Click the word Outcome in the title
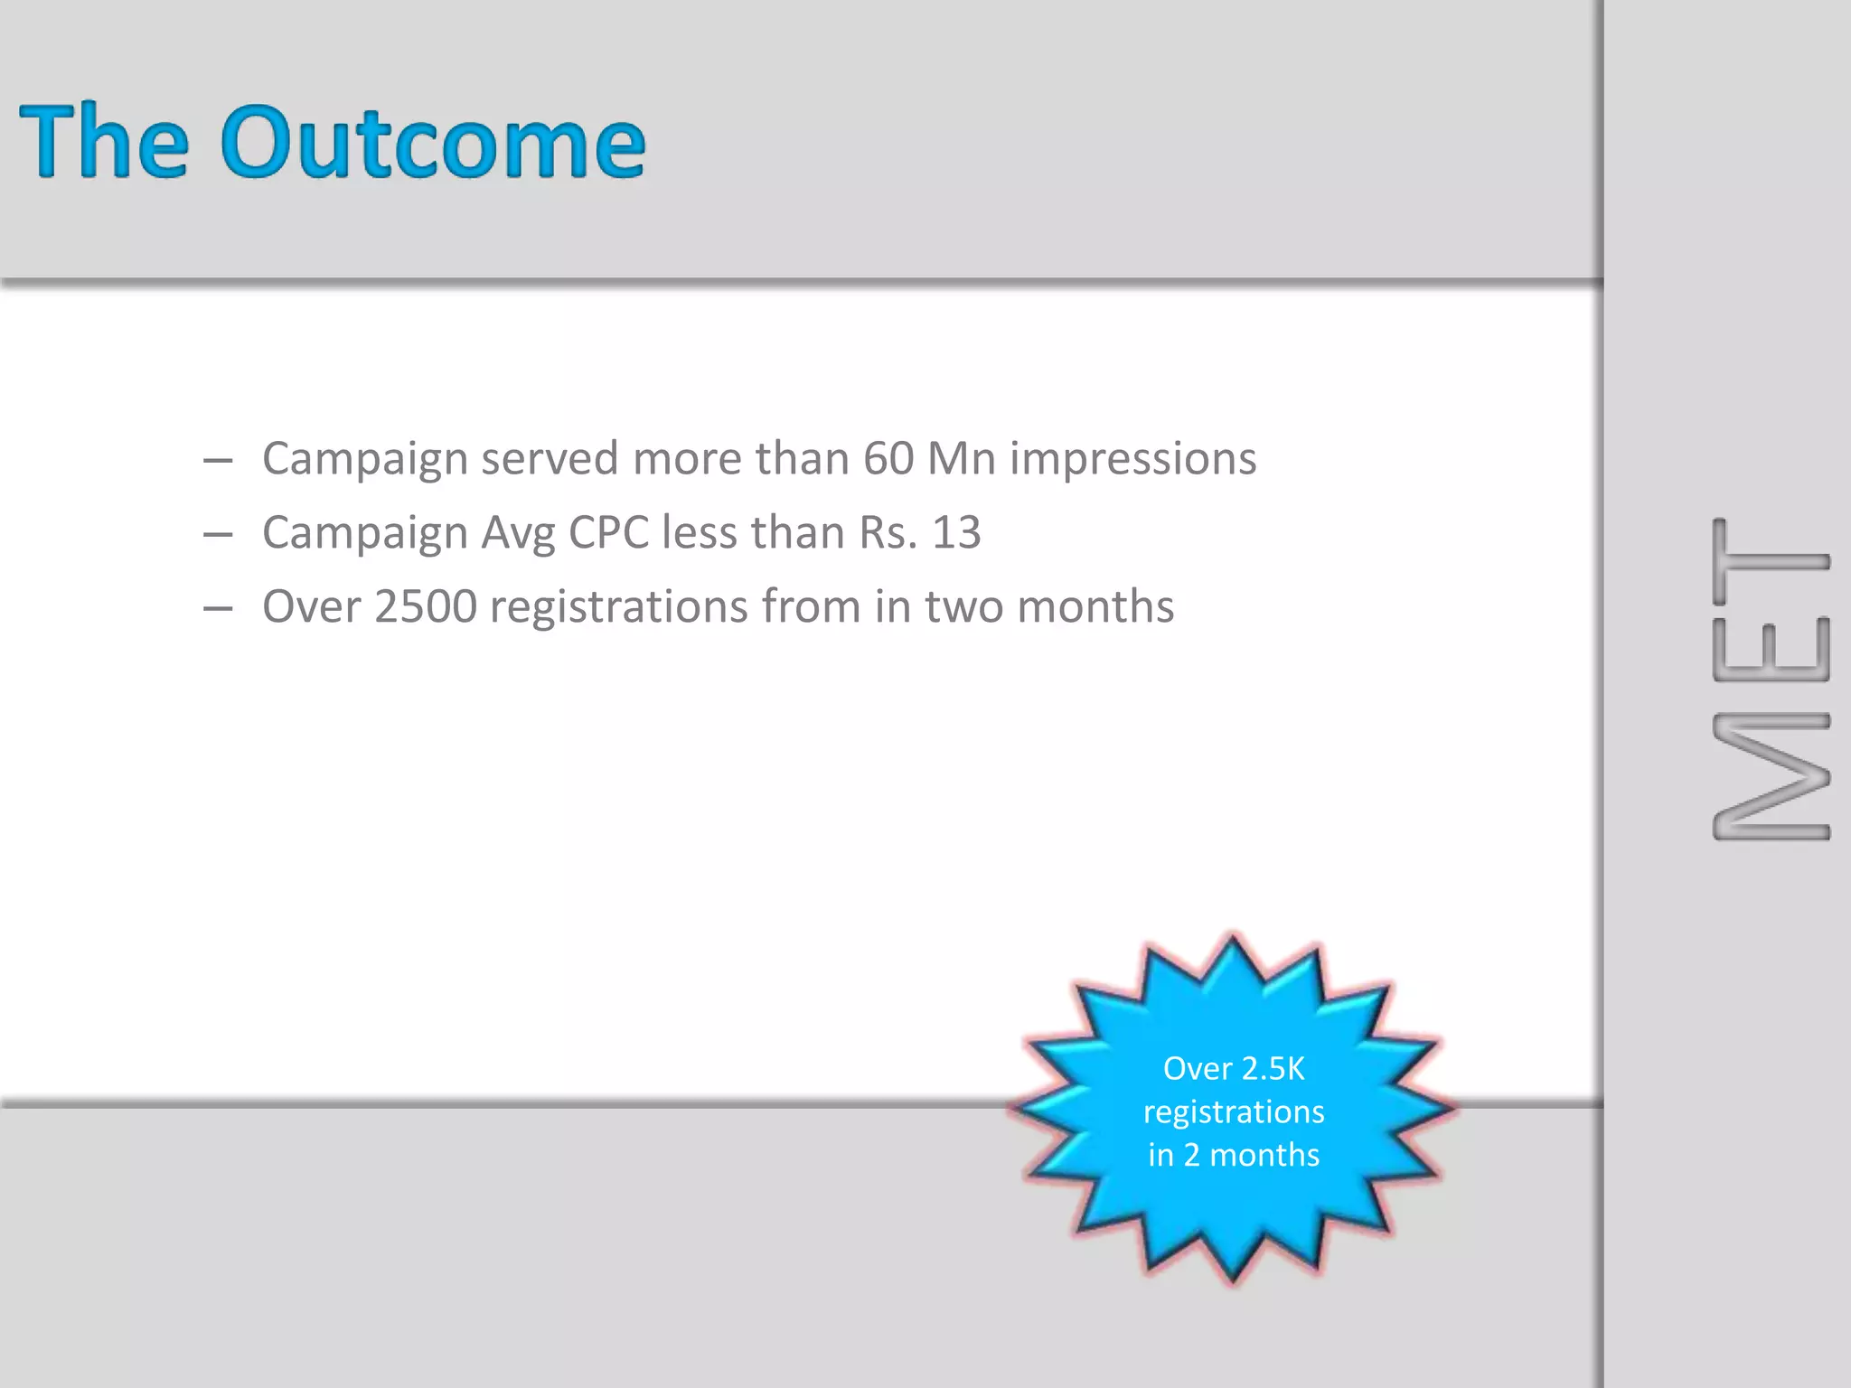click(x=434, y=142)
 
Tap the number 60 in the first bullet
click(x=888, y=458)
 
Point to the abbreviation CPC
click(x=608, y=532)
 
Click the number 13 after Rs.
click(x=956, y=532)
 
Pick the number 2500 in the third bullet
click(x=425, y=606)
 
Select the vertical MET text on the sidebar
click(x=1771, y=680)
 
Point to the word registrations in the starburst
click(x=1234, y=1112)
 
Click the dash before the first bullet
click(x=218, y=461)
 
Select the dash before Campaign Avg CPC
click(x=218, y=535)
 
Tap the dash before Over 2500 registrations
click(x=218, y=609)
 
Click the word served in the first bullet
click(x=550, y=458)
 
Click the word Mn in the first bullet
click(x=962, y=458)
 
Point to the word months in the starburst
click(x=1264, y=1155)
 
